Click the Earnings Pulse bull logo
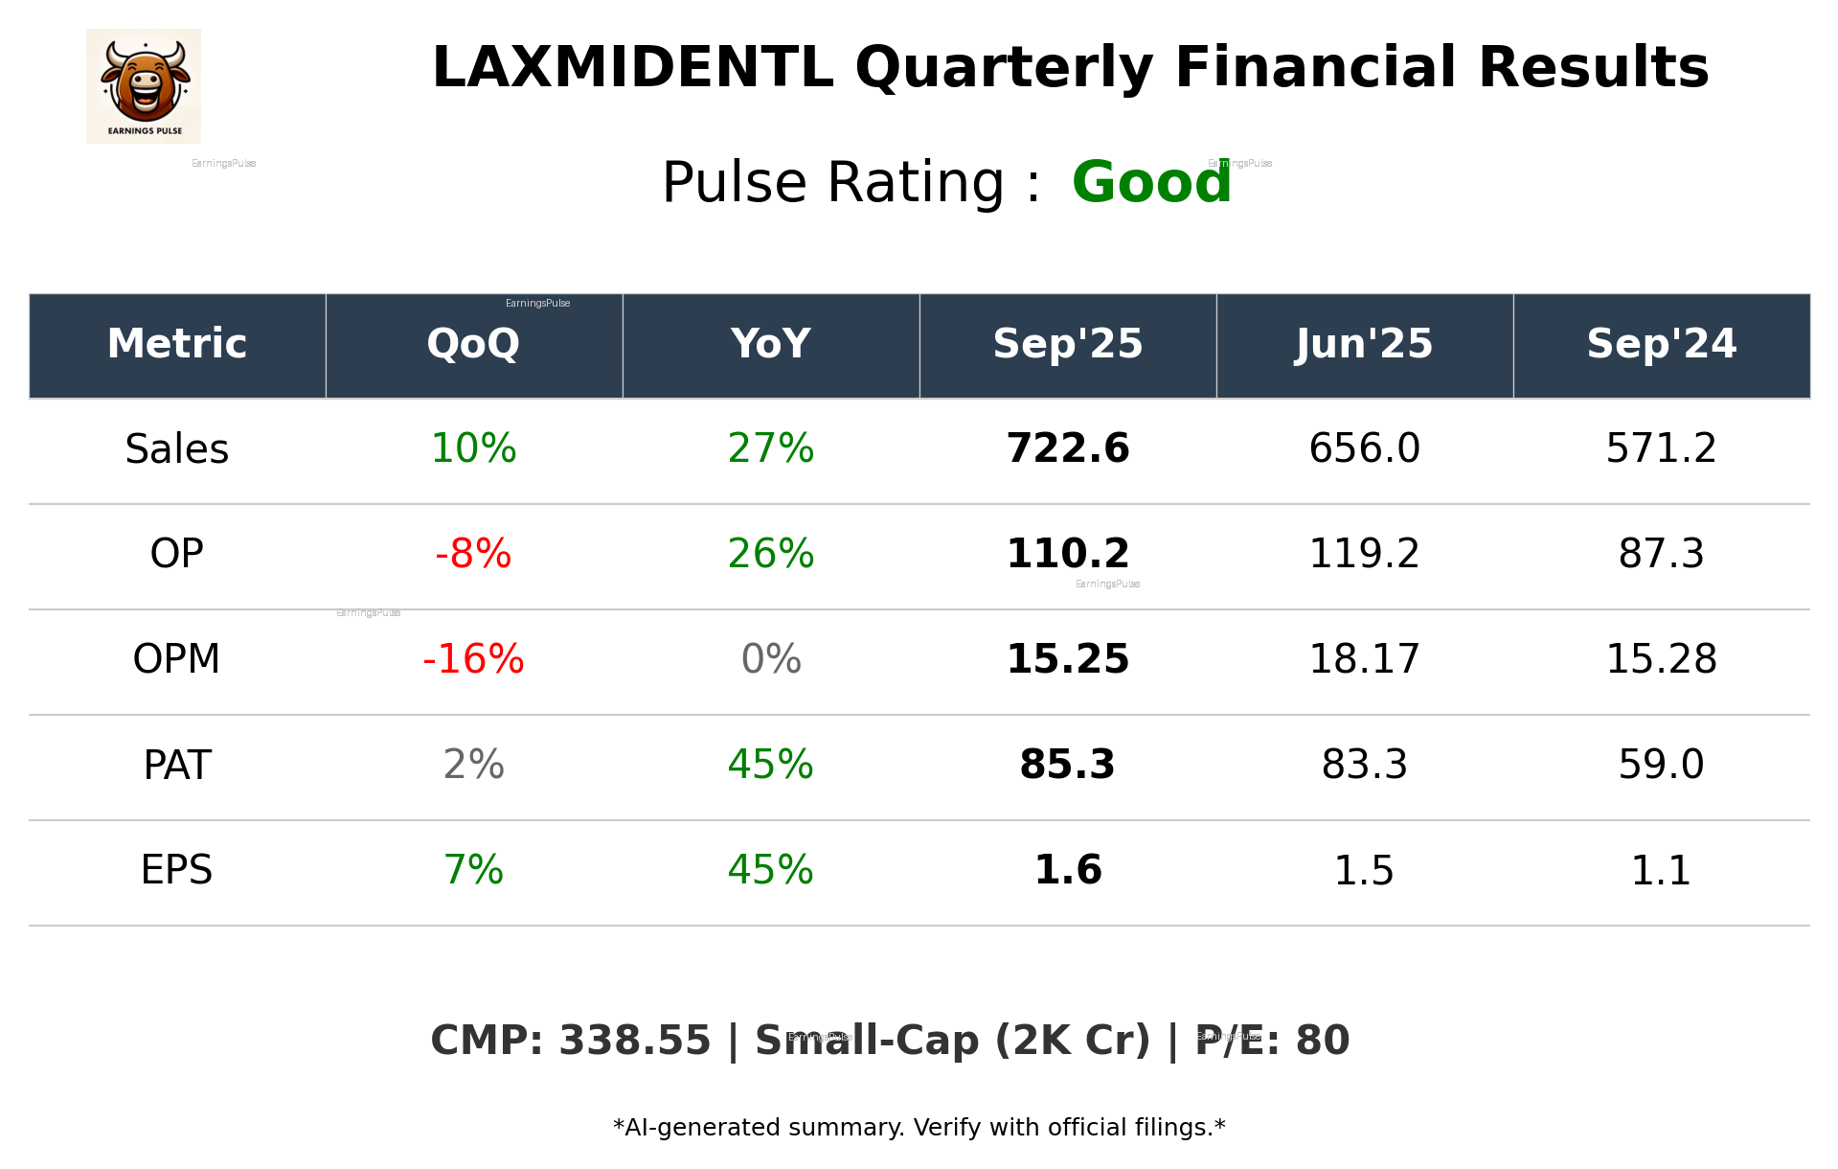[x=144, y=85]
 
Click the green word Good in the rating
[x=1150, y=183]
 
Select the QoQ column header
[x=473, y=344]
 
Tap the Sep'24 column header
[x=1661, y=344]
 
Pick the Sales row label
[x=177, y=449]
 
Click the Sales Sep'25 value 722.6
[x=1067, y=449]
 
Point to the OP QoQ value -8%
[x=473, y=555]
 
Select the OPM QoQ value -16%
[x=473, y=660]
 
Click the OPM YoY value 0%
[x=770, y=660]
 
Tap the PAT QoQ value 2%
[x=473, y=766]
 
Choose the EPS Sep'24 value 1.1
[x=1661, y=871]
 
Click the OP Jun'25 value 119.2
[x=1364, y=555]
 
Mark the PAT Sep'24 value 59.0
[x=1661, y=766]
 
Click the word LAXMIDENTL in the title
[x=632, y=69]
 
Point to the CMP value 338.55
[x=634, y=1042]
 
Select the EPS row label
[x=177, y=871]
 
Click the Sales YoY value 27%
[x=770, y=449]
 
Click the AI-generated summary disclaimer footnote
[x=919, y=1128]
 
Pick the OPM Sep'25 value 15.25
[x=1067, y=660]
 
